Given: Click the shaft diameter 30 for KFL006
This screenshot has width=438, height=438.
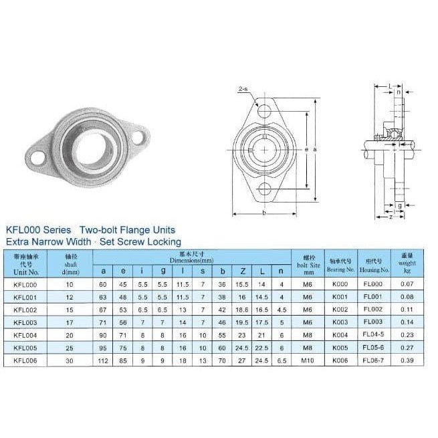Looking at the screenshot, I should (x=72, y=360).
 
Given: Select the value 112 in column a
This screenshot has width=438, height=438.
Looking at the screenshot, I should (x=103, y=360).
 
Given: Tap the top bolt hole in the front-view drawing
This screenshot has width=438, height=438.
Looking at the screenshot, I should (x=265, y=109).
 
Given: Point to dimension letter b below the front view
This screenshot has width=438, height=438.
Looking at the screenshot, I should (x=265, y=213).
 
